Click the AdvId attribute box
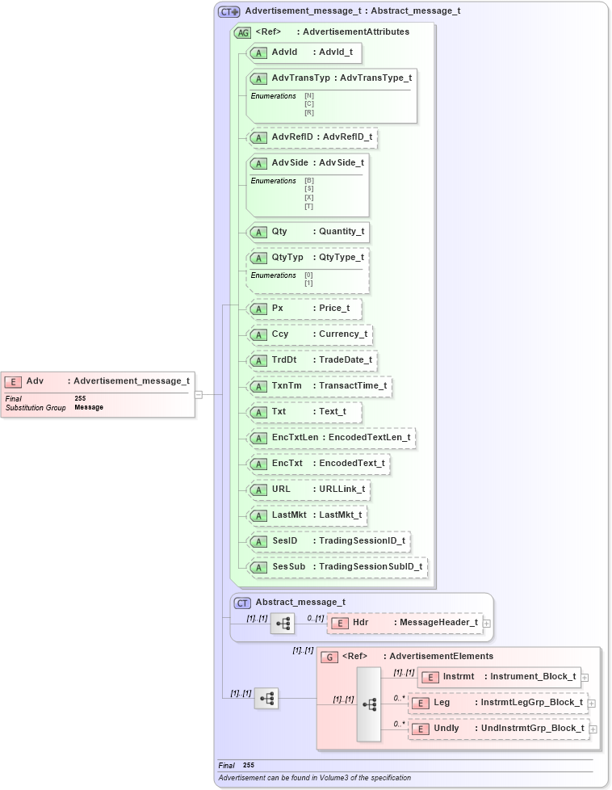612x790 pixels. point(304,53)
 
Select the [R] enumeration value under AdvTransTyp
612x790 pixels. point(309,112)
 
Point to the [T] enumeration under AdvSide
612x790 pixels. point(309,206)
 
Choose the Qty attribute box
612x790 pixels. point(307,232)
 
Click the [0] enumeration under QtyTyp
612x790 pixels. point(308,275)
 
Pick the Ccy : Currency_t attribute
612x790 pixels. point(310,334)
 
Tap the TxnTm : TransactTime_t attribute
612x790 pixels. point(320,386)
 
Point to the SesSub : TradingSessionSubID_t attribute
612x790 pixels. point(337,567)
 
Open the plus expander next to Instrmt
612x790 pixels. point(585,677)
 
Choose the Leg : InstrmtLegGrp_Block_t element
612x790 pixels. point(497,703)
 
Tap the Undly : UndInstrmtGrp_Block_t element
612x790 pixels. point(497,729)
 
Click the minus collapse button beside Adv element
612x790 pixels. point(199,395)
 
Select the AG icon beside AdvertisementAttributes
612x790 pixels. point(241,32)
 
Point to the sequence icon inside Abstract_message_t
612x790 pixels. point(283,624)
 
